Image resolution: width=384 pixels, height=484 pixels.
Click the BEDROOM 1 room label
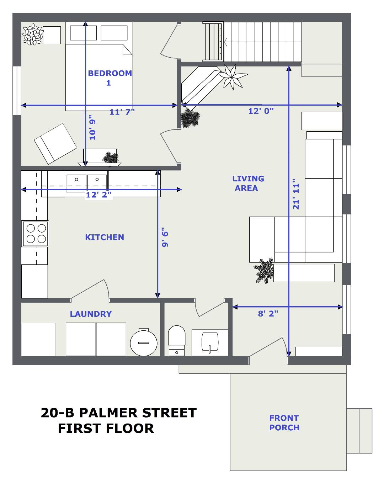(x=110, y=78)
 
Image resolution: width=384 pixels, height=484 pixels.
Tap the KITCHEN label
(x=105, y=237)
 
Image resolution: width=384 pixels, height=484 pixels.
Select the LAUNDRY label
(x=91, y=314)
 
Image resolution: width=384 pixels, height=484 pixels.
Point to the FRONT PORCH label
(x=284, y=422)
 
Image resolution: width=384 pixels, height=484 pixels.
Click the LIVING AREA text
(x=248, y=183)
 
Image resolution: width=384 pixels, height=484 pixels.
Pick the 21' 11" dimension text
(x=296, y=194)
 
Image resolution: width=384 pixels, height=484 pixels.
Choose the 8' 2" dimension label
(x=268, y=314)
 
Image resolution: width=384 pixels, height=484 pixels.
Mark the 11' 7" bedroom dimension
(x=122, y=112)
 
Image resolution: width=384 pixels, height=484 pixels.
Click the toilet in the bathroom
(x=177, y=341)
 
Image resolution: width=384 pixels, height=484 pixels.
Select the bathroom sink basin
(x=210, y=342)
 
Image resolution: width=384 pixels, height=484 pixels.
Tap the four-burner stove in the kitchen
(x=35, y=234)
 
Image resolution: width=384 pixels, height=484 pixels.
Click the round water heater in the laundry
(x=144, y=342)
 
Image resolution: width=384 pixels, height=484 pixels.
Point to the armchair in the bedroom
(x=55, y=144)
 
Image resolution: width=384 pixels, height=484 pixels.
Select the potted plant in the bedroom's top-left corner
(x=33, y=34)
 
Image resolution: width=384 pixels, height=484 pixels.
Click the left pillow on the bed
(x=84, y=33)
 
